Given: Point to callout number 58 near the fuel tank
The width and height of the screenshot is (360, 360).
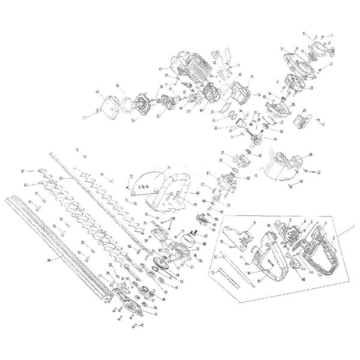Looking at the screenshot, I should coord(310,155).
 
